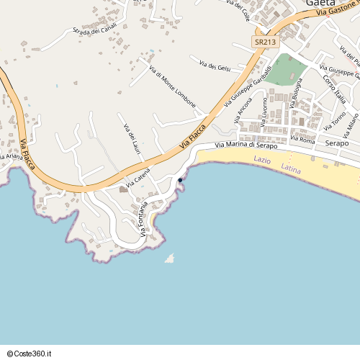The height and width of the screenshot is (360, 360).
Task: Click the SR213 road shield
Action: tap(265, 42)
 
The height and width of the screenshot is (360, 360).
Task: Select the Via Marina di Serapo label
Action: tap(246, 146)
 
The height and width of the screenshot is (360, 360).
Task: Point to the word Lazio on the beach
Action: tap(262, 159)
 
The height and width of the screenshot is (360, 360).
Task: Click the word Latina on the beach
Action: tap(291, 168)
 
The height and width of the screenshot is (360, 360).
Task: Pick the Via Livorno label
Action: tap(265, 108)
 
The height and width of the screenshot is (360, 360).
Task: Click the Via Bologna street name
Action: tap(295, 94)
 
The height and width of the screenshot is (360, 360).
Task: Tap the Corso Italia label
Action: tap(334, 89)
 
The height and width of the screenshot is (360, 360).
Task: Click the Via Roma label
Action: tap(302, 139)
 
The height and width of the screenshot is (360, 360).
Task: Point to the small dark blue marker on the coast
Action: tap(180, 180)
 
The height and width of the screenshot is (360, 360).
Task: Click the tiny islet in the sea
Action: tap(170, 258)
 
